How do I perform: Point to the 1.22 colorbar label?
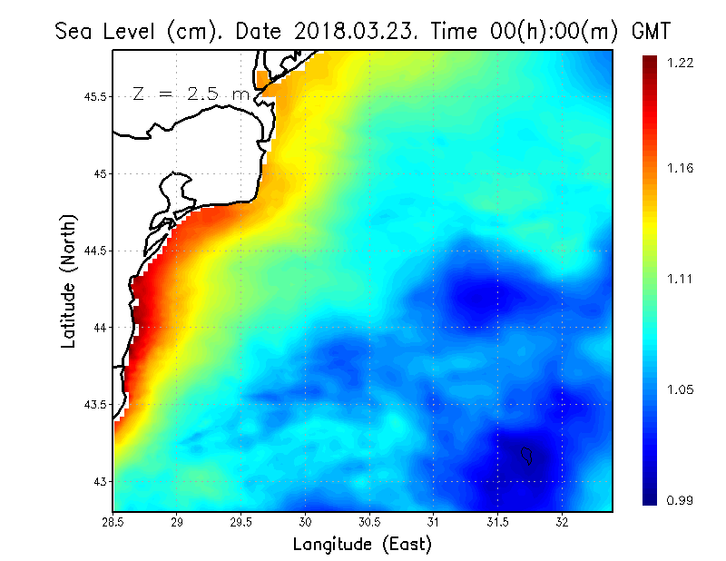click(x=680, y=63)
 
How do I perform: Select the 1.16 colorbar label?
click(x=680, y=169)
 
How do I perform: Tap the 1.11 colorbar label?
click(x=680, y=280)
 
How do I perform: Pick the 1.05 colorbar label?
click(x=680, y=390)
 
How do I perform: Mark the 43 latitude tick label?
click(x=100, y=481)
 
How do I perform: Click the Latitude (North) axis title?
click(x=68, y=281)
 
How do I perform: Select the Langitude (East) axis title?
click(x=362, y=545)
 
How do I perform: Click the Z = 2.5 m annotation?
click(x=190, y=93)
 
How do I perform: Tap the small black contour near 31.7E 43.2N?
click(x=527, y=454)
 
